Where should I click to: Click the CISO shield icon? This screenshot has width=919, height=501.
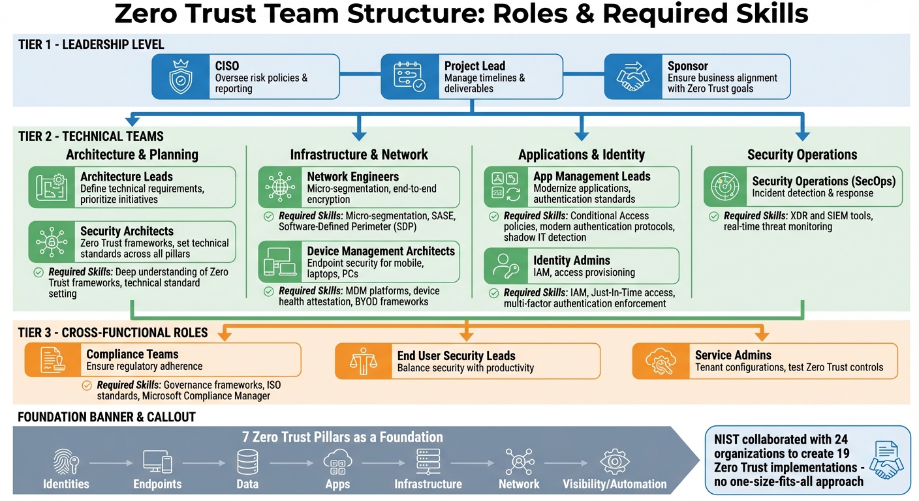click(x=181, y=76)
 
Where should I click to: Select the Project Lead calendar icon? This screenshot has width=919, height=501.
click(x=409, y=76)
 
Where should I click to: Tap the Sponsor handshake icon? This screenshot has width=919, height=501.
click(x=632, y=76)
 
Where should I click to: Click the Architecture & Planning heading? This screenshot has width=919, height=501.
click(x=132, y=155)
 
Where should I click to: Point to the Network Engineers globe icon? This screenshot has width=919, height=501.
click(x=280, y=187)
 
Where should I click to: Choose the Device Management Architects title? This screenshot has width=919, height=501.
click(x=381, y=251)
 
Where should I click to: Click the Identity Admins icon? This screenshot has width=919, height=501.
click(x=505, y=266)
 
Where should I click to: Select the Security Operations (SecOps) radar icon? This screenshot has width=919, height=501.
click(x=725, y=187)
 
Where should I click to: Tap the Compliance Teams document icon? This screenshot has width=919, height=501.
click(x=52, y=360)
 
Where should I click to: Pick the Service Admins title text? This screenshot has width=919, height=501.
click(x=733, y=356)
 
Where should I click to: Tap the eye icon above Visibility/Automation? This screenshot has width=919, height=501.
click(x=614, y=462)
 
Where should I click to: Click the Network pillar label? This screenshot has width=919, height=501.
click(x=519, y=484)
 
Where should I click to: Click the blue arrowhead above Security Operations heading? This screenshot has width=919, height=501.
click(x=803, y=135)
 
